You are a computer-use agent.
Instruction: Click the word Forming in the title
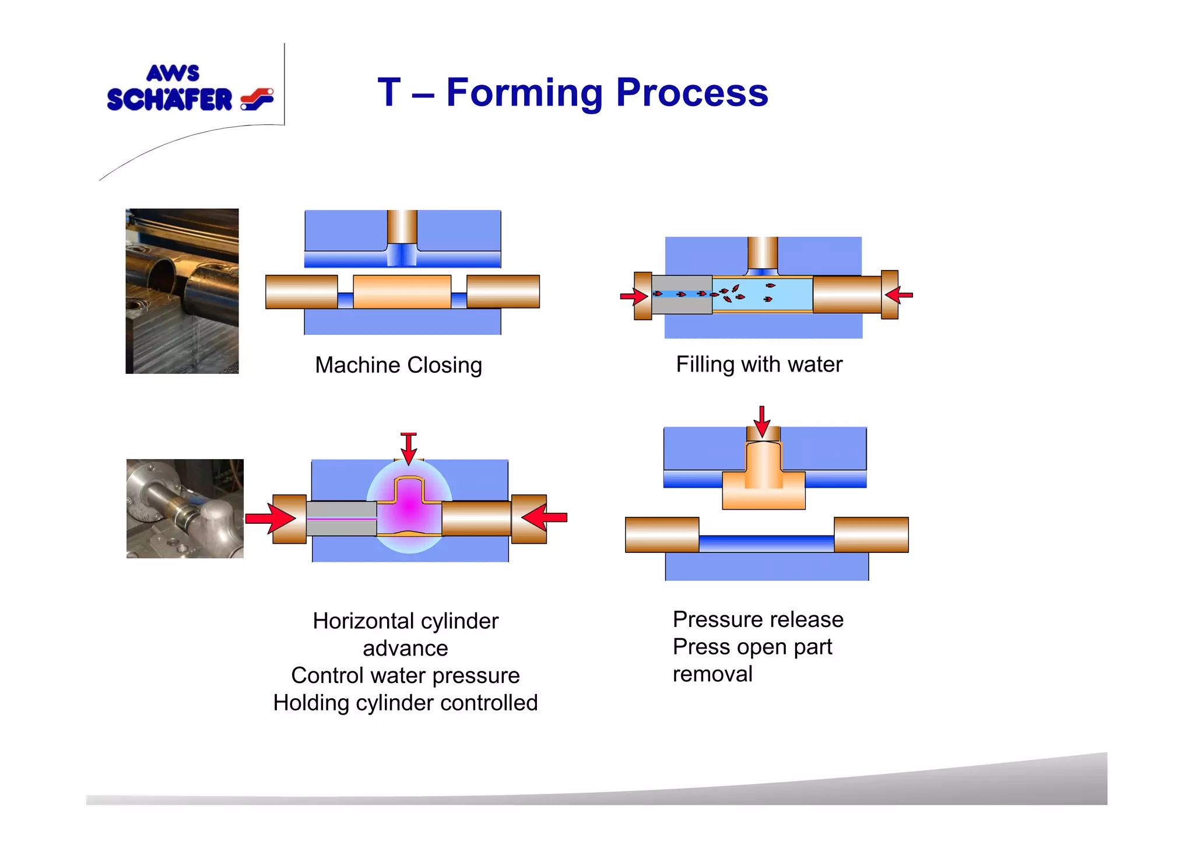coord(524,93)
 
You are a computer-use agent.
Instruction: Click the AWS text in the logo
coord(173,73)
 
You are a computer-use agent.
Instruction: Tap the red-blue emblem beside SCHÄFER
coord(257,99)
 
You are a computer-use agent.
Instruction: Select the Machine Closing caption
coord(398,365)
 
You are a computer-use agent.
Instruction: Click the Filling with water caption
coord(758,365)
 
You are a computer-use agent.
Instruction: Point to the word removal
coord(712,674)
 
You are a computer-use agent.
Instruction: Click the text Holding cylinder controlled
coord(405,703)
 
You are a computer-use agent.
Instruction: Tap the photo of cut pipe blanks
coord(182,290)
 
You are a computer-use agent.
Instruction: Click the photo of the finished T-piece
coord(185,508)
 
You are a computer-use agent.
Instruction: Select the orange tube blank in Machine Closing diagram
coord(402,292)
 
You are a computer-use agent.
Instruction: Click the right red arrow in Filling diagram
coord(899,295)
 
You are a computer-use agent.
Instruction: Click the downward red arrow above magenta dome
coord(409,448)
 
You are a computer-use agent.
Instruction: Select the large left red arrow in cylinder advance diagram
coord(269,518)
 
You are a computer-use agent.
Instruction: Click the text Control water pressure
coord(405,675)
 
